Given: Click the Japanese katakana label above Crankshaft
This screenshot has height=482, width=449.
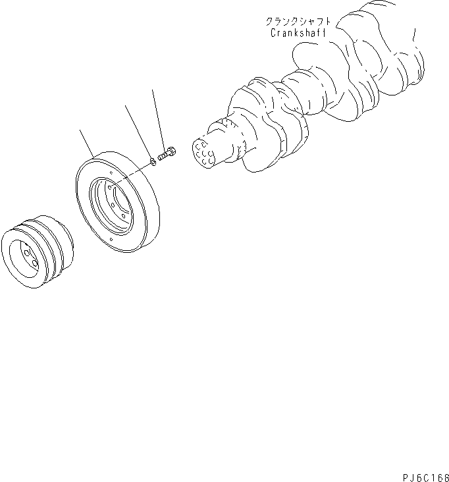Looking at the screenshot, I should tap(298, 21).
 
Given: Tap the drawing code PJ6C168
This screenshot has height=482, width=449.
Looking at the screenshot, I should tap(423, 475).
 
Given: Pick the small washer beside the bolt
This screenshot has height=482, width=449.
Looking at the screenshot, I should tap(153, 159).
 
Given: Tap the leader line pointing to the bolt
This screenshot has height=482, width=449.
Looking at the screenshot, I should tap(157, 119).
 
